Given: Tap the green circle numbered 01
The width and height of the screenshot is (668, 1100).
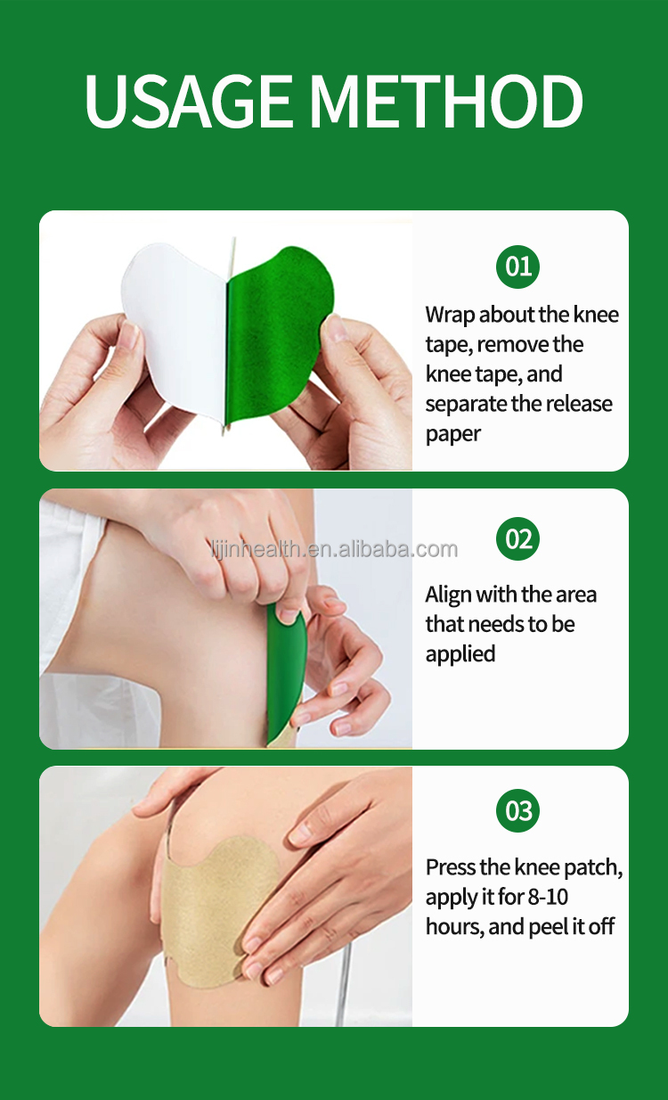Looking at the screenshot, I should [518, 266].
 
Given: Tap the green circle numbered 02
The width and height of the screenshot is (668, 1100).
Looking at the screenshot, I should [518, 539].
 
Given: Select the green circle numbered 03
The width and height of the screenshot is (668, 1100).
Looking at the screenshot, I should [518, 811].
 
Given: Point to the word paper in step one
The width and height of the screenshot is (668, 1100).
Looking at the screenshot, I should [452, 435].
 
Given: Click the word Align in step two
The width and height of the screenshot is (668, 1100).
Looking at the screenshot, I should [448, 595].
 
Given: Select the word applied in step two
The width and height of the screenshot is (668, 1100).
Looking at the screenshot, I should [460, 654].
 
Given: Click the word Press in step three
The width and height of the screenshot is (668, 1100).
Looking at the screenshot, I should [450, 867].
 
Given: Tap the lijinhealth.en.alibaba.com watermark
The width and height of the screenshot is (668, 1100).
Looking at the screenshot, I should [334, 549].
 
